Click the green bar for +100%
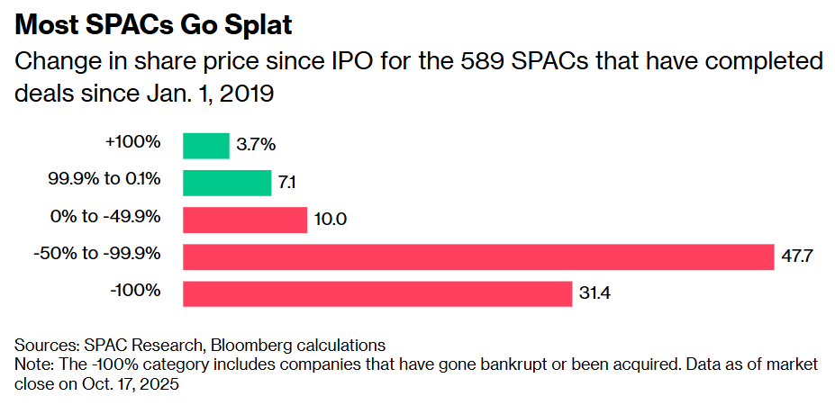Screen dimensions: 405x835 pos(206,145)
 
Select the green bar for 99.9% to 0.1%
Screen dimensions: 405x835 pos(227,182)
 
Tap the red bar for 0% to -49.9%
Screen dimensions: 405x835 pos(245,220)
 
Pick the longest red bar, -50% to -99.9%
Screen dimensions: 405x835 pos(478,256)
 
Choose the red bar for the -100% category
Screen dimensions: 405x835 pos(377,293)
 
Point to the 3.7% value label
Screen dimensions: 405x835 pos(257,145)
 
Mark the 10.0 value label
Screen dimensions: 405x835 pos(331,220)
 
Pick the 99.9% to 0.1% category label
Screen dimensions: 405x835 pos(104,178)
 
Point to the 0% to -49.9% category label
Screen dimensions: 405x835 pos(106,216)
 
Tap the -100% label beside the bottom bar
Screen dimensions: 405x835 pos(135,290)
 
